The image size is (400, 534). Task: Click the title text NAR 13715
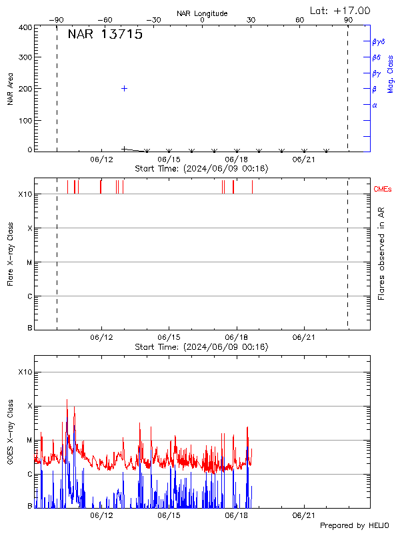tap(105, 35)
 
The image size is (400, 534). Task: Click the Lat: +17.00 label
tap(341, 10)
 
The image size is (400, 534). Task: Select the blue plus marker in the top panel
tap(124, 88)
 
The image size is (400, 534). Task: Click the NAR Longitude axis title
tap(202, 13)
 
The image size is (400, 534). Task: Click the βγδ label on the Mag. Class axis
tap(379, 41)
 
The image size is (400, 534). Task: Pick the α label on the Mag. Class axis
tap(375, 105)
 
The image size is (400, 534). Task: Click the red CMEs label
tap(383, 190)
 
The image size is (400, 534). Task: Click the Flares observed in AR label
tap(381, 253)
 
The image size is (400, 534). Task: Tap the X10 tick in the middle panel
tap(25, 194)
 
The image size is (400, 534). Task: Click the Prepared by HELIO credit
tap(355, 526)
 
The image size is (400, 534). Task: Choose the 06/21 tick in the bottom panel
tap(303, 515)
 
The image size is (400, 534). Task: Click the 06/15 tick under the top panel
tap(169, 160)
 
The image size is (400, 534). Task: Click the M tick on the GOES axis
tap(29, 441)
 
